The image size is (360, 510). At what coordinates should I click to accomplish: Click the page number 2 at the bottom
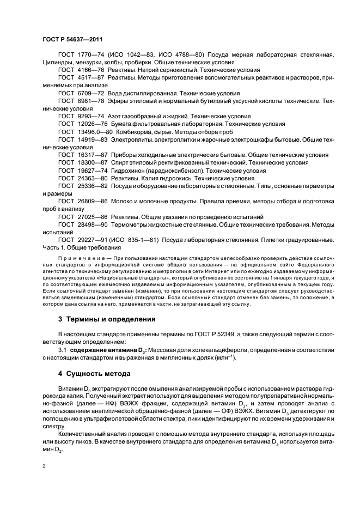[44, 466]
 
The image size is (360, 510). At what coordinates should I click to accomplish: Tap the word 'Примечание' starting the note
[77, 258]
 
